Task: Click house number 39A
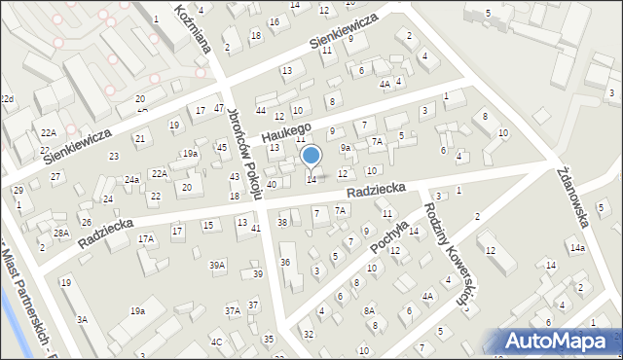[217, 265]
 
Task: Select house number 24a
[131, 180]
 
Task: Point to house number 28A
[60, 234]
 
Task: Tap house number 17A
[146, 238]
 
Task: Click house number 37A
[233, 311]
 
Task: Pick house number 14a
[577, 248]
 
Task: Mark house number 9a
[345, 148]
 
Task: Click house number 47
[219, 108]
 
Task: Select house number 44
[261, 111]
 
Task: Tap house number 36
[285, 262]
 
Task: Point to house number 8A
[370, 310]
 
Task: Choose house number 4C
[217, 342]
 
